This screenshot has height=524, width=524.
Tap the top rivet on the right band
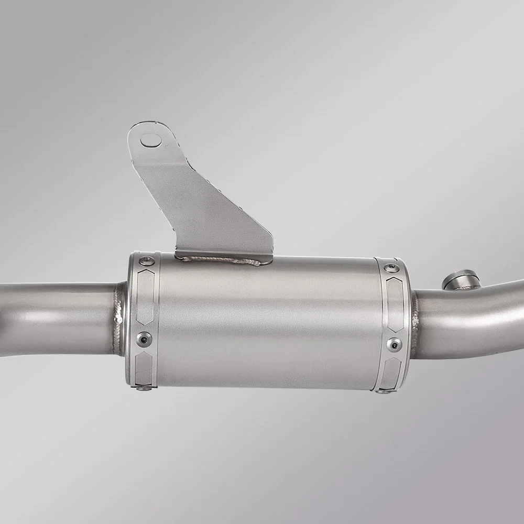point(390,268)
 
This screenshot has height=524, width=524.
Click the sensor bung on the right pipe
point(460,278)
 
